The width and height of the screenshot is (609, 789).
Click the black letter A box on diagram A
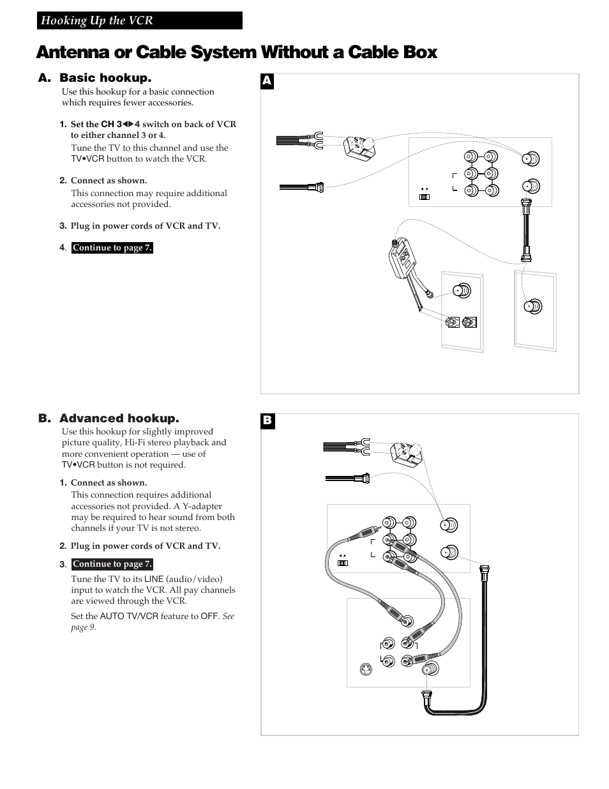267,81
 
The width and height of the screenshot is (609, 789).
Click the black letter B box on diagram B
267,421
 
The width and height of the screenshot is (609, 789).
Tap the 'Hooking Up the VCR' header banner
139,20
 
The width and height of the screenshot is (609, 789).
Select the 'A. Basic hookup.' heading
94,78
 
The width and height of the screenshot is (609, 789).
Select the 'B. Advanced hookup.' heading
108,418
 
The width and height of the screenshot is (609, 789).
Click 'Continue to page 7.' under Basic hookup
112,248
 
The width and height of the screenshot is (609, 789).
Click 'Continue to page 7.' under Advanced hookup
112,564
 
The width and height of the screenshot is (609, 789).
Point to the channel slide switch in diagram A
423,197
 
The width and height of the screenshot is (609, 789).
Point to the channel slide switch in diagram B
343,563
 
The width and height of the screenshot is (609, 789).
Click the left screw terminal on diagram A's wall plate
453,323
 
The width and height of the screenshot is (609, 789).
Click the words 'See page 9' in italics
153,622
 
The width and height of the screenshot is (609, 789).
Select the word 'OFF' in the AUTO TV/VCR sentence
209,617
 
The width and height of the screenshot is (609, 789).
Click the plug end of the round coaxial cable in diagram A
317,187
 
